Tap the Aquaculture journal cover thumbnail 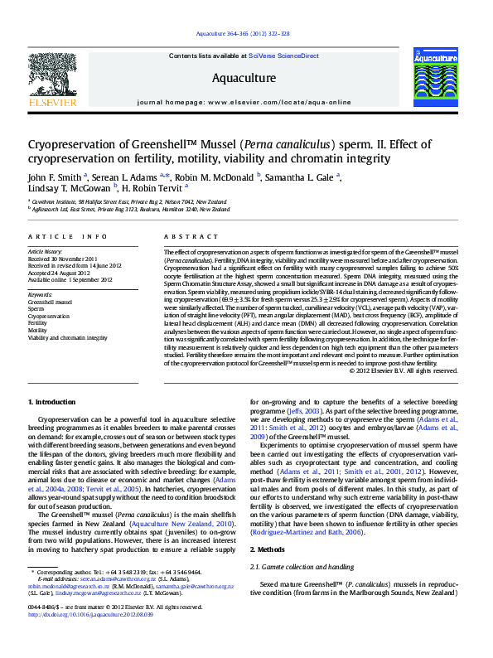[435, 77]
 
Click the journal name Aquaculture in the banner [244, 78]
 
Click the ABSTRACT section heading [180, 237]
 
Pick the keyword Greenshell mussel [51, 302]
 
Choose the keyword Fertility [39, 323]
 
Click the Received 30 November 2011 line [63, 257]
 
